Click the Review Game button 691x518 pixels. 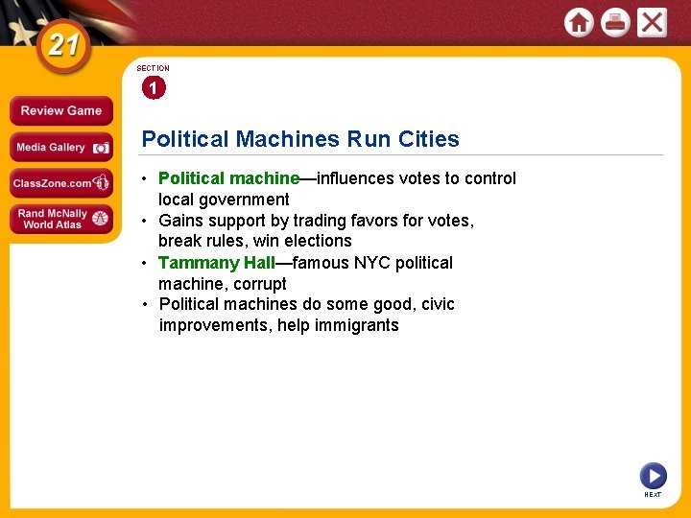(60, 110)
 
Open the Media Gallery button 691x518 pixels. (60, 147)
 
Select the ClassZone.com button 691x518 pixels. (60, 182)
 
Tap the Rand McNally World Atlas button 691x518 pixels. (60, 219)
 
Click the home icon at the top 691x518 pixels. (579, 21)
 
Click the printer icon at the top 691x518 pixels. (615, 21)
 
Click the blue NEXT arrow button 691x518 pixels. (653, 475)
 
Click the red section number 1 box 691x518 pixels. (153, 88)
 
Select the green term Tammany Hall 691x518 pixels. (216, 263)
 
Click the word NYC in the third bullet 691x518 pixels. (373, 263)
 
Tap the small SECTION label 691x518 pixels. (153, 69)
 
